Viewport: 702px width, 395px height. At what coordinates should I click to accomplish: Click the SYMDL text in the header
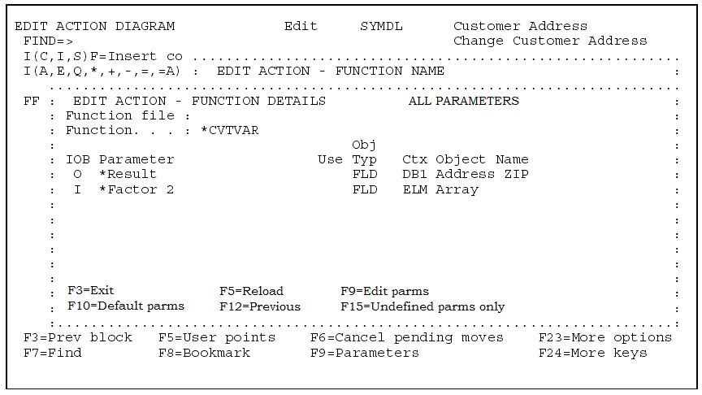pyautogui.click(x=381, y=26)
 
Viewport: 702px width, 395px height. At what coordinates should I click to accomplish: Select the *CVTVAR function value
pyautogui.click(x=229, y=130)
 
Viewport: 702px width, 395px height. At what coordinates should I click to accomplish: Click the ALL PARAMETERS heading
pyautogui.click(x=463, y=101)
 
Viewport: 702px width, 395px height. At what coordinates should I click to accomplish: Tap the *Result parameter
pyautogui.click(x=128, y=174)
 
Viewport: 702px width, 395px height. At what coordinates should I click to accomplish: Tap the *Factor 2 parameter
pyautogui.click(x=136, y=189)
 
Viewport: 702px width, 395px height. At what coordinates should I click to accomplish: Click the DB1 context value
pyautogui.click(x=415, y=174)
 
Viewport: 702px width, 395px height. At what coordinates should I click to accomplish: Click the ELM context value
pyautogui.click(x=415, y=189)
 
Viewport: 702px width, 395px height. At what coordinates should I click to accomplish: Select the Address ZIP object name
pyautogui.click(x=482, y=174)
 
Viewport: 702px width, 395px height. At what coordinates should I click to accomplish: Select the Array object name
pyautogui.click(x=457, y=189)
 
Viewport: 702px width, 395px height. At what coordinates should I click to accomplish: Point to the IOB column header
pyautogui.click(x=78, y=159)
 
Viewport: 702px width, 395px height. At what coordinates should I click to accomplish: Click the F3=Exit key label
pyautogui.click(x=91, y=291)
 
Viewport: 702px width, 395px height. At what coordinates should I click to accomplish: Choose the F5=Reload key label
pyautogui.click(x=251, y=291)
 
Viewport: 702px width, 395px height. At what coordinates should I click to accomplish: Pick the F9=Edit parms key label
pyautogui.click(x=384, y=291)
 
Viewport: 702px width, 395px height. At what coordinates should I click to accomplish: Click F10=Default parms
pyautogui.click(x=126, y=306)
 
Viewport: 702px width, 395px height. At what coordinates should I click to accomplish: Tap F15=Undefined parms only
pyautogui.click(x=422, y=306)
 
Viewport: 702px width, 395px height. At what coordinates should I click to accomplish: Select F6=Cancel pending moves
pyautogui.click(x=406, y=337)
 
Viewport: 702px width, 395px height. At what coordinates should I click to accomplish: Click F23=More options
pyautogui.click(x=605, y=337)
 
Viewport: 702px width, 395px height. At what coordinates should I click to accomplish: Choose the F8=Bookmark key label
pyautogui.click(x=204, y=353)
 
